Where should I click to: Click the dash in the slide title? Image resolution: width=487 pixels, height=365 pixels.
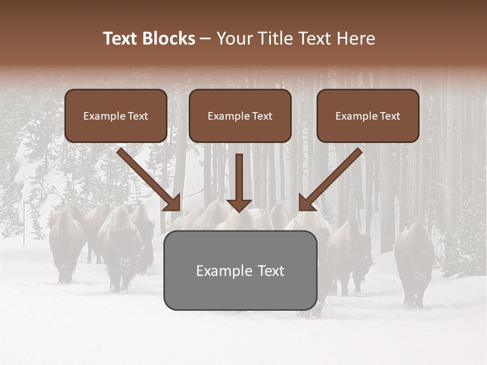click(205, 39)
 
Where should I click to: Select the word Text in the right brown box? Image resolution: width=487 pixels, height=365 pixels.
click(390, 116)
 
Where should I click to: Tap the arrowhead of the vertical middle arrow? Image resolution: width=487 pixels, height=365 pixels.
click(239, 205)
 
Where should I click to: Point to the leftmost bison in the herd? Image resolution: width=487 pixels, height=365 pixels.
click(66, 243)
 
